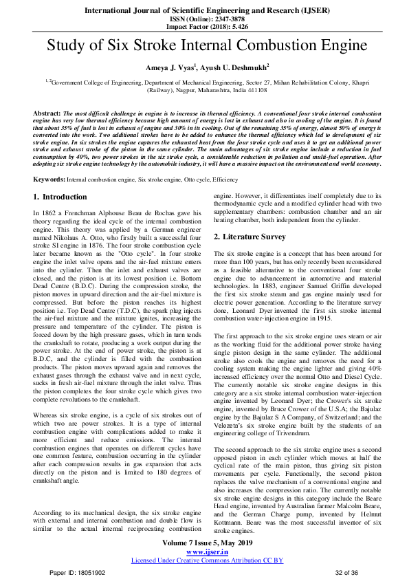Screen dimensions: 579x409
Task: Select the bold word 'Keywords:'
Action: (49, 179)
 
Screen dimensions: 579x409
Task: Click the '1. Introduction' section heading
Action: (60, 197)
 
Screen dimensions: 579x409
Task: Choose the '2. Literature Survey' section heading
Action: (249, 237)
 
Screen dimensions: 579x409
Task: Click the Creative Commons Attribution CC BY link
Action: (206, 560)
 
